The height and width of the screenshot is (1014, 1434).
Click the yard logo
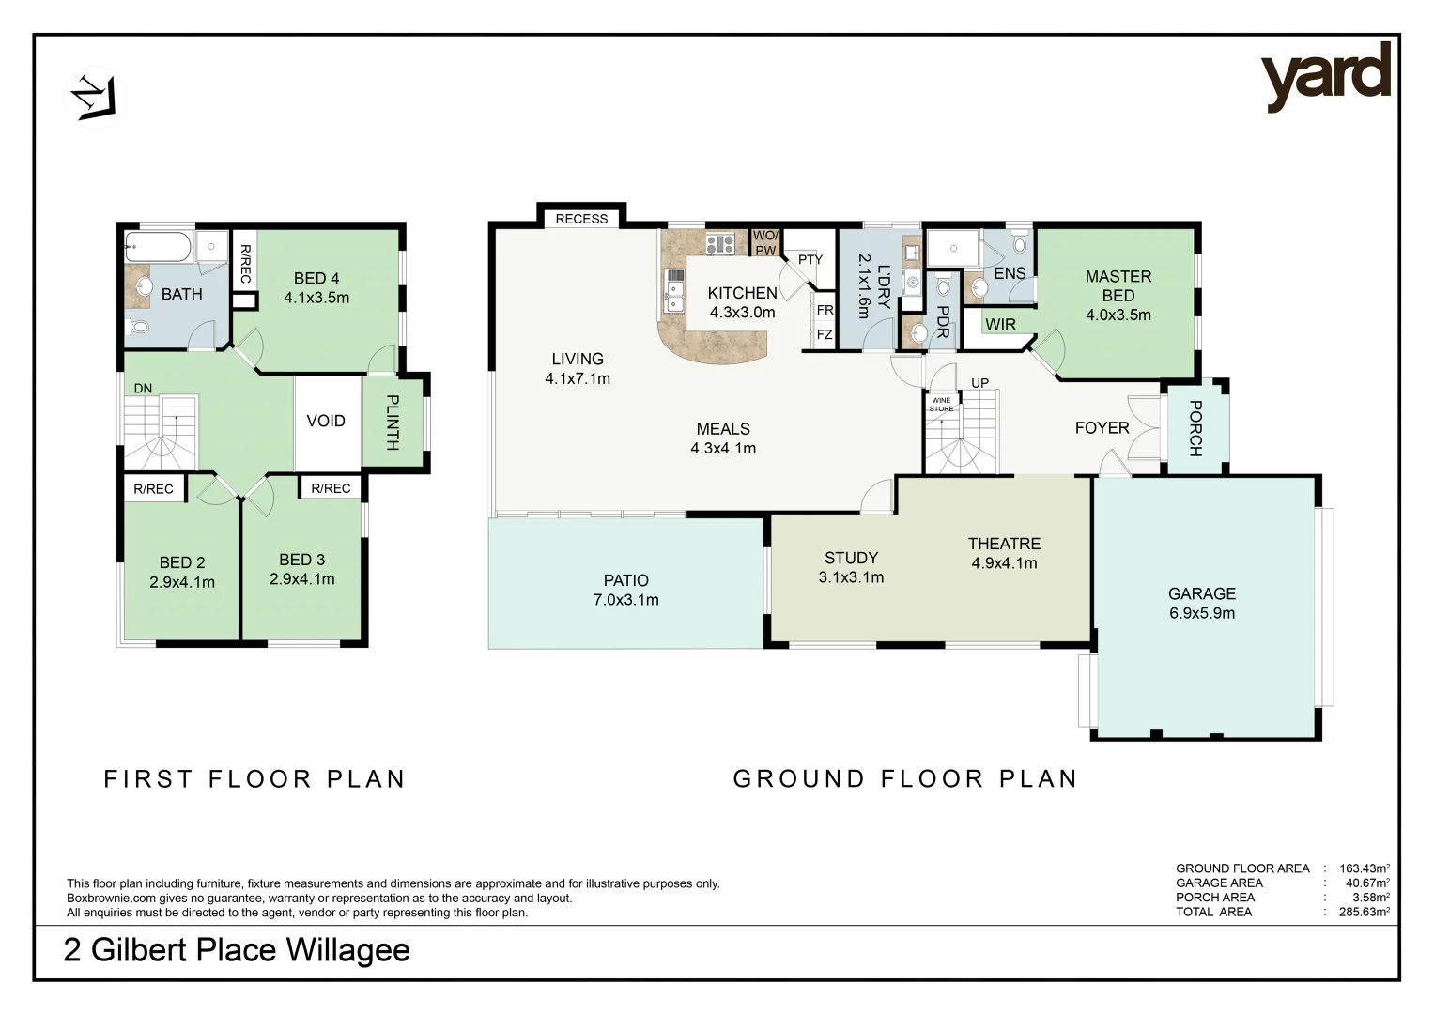click(1326, 78)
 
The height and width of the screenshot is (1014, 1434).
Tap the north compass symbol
click(96, 98)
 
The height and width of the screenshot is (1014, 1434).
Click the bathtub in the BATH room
click(158, 246)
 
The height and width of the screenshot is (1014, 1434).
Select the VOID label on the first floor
click(326, 421)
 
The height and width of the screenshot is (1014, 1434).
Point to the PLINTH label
click(393, 422)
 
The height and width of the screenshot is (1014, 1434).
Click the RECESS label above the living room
click(581, 219)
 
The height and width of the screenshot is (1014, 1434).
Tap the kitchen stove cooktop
click(720, 244)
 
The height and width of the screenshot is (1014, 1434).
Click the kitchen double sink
click(674, 290)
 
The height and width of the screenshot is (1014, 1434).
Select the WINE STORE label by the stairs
click(941, 405)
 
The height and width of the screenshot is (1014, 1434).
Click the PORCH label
click(1195, 428)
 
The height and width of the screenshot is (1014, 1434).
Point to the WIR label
click(1000, 325)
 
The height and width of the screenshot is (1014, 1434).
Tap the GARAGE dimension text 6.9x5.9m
click(1202, 613)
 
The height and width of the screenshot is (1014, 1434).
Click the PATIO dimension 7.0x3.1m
click(626, 600)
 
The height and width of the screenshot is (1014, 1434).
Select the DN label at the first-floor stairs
click(143, 389)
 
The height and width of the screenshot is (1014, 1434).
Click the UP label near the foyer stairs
click(980, 383)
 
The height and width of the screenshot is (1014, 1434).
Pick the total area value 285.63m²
click(1365, 912)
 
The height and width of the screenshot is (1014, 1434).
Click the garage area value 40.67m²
click(1367, 883)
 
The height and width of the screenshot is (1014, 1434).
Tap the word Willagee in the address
click(347, 950)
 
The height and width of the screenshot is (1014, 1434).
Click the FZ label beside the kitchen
click(825, 334)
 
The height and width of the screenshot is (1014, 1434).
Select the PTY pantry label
click(810, 259)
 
